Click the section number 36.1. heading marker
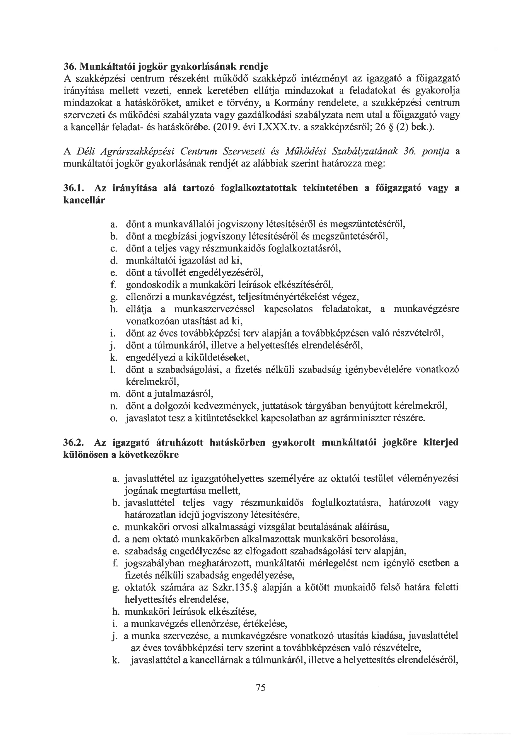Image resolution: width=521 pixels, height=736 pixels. [74, 188]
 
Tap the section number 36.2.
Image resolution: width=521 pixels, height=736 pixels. [74, 443]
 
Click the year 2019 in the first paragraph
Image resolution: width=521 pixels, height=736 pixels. [226, 127]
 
